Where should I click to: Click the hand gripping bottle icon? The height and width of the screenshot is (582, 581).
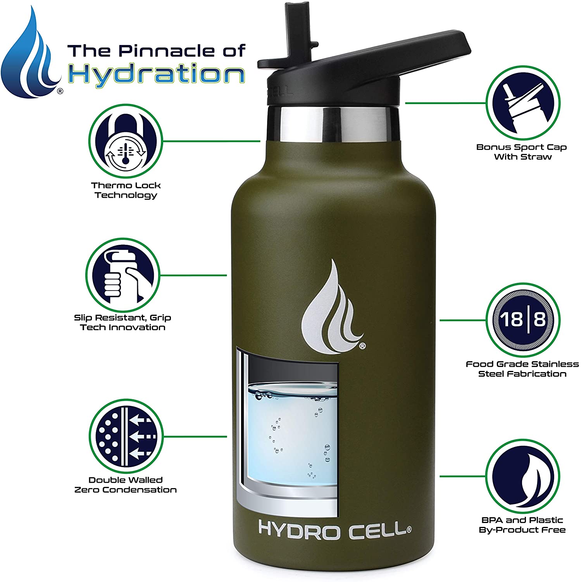122,275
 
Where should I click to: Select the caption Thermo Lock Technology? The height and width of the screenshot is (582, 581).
126,190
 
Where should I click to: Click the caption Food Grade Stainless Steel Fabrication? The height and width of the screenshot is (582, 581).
522,369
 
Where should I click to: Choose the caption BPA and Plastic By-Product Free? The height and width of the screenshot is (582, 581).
522,525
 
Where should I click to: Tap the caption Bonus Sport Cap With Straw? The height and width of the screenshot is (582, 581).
522,152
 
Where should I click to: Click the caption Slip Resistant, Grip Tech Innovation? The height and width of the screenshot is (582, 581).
122,322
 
